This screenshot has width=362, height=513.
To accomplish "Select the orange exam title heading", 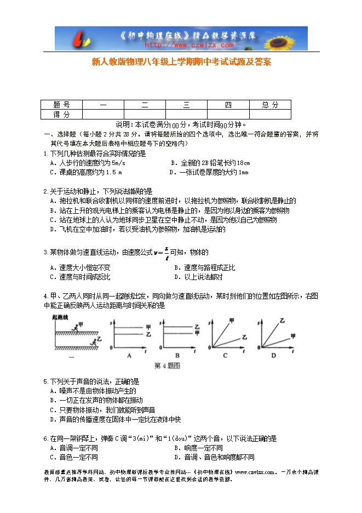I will [181, 62].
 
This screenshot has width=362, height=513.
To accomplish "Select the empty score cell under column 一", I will [103, 115].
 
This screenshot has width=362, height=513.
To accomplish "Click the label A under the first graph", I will [130, 356].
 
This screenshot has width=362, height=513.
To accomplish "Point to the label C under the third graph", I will [225, 356].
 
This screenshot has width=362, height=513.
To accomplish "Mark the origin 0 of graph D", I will [257, 348].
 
